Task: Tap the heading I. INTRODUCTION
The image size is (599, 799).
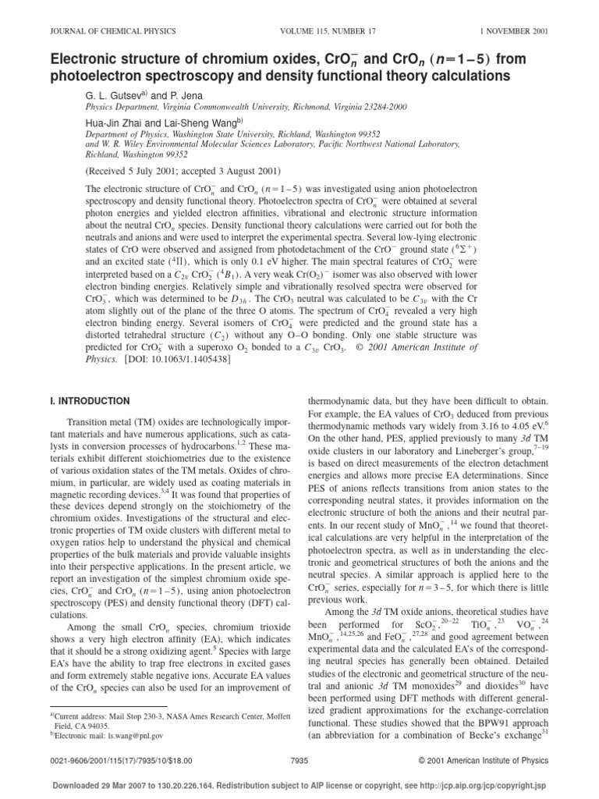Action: (x=90, y=401)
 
